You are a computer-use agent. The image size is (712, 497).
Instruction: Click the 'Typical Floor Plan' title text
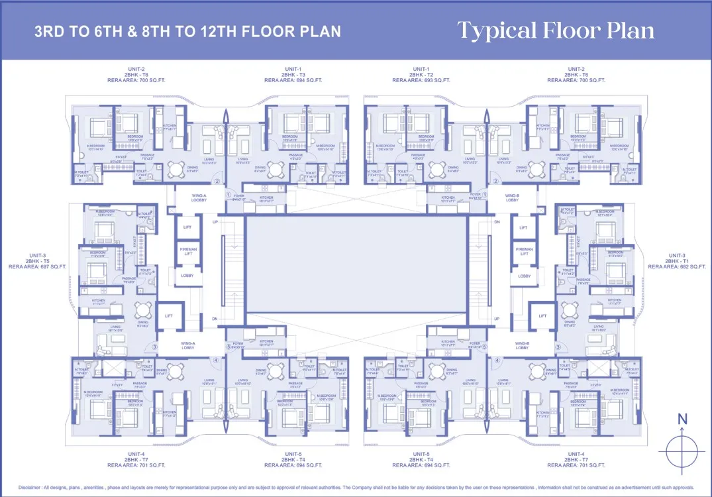[556, 31]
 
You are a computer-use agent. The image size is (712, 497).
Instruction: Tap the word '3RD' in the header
[51, 32]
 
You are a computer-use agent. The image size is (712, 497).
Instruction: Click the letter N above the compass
[682, 419]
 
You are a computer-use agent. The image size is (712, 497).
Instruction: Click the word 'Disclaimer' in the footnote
[32, 487]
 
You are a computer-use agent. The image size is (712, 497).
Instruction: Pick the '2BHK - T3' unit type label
[293, 75]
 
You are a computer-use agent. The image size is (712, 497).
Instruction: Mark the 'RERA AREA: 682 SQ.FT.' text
[677, 266]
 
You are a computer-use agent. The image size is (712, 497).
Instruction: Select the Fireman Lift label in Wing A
[187, 251]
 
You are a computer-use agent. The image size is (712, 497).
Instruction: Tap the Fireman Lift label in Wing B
[524, 251]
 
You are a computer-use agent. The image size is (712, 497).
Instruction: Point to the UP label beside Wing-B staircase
[497, 319]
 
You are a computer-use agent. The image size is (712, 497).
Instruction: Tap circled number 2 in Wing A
[216, 182]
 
